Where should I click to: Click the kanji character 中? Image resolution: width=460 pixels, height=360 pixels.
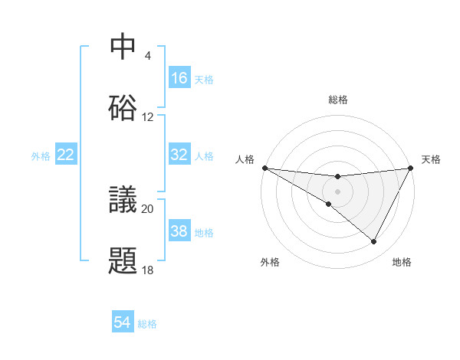123,47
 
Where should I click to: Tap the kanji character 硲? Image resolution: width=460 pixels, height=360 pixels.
123,108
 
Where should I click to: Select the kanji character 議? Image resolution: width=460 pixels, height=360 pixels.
123,201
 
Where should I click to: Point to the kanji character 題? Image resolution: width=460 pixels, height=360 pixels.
123,261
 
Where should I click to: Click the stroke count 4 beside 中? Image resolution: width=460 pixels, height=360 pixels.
148,56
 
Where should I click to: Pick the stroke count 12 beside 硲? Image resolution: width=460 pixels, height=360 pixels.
148,117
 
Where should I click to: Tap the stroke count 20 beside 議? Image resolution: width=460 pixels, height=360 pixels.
148,208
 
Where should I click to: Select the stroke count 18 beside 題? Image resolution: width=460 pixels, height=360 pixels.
148,270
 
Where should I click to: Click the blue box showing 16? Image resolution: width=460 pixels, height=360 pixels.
179,78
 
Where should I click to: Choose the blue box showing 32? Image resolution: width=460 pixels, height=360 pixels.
179,155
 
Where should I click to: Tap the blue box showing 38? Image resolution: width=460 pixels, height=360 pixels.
179,231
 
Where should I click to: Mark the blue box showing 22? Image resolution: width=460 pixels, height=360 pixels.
66,155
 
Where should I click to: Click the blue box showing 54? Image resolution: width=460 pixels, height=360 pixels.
123,323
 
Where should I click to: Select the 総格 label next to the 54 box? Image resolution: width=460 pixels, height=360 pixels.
147,324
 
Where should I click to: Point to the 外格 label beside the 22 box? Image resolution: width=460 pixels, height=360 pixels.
41,155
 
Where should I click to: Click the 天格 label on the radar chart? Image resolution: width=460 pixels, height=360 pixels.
432,159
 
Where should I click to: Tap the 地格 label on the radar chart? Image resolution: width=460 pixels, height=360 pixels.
402,262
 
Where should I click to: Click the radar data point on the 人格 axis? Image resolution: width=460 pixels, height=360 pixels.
264,168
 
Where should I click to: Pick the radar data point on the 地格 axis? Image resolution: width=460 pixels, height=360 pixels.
374,242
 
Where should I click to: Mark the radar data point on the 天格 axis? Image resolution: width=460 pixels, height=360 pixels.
410,168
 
